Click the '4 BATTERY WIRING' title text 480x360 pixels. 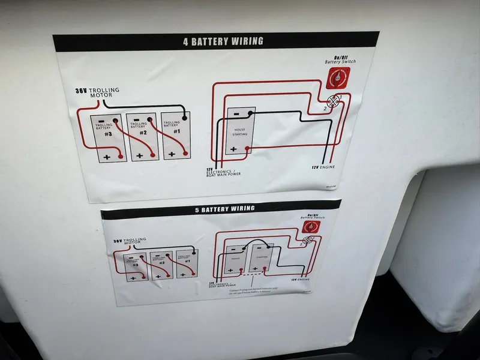[x=223, y=41]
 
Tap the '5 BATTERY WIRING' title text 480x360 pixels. [x=224, y=209]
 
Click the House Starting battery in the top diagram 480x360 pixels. [x=240, y=130]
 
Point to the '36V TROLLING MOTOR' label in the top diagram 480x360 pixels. [x=98, y=92]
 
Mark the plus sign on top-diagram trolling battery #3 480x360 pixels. [x=107, y=157]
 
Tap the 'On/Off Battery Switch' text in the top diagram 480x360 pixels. [x=340, y=59]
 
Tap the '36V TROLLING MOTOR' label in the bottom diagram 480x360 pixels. [x=129, y=241]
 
